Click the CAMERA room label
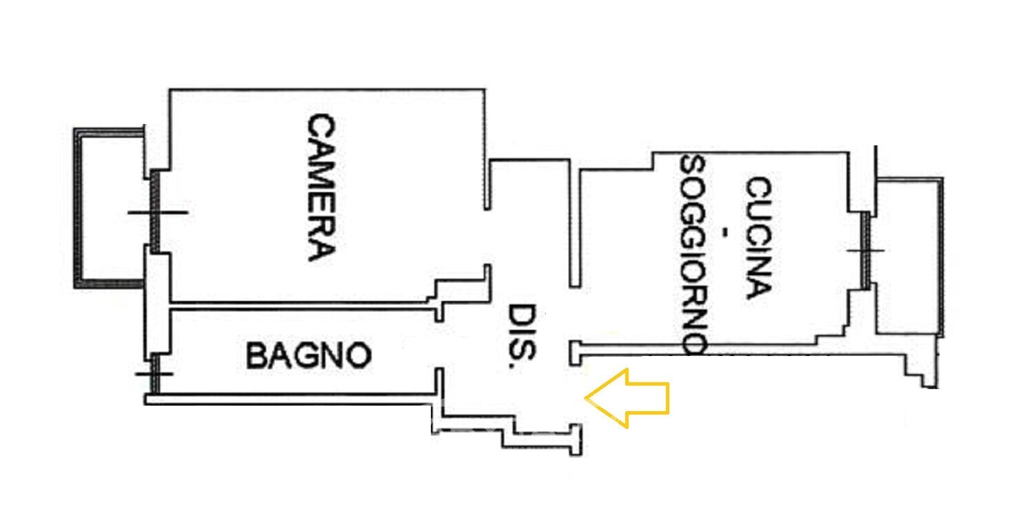tap(321, 187)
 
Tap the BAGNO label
tap(309, 356)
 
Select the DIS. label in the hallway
tap(522, 337)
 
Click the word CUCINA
tap(758, 237)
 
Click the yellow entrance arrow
tap(627, 398)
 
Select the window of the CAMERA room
tap(156, 211)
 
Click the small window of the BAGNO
tap(156, 374)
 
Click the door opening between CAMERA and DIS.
tap(487, 238)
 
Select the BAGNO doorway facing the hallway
tap(438, 344)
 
